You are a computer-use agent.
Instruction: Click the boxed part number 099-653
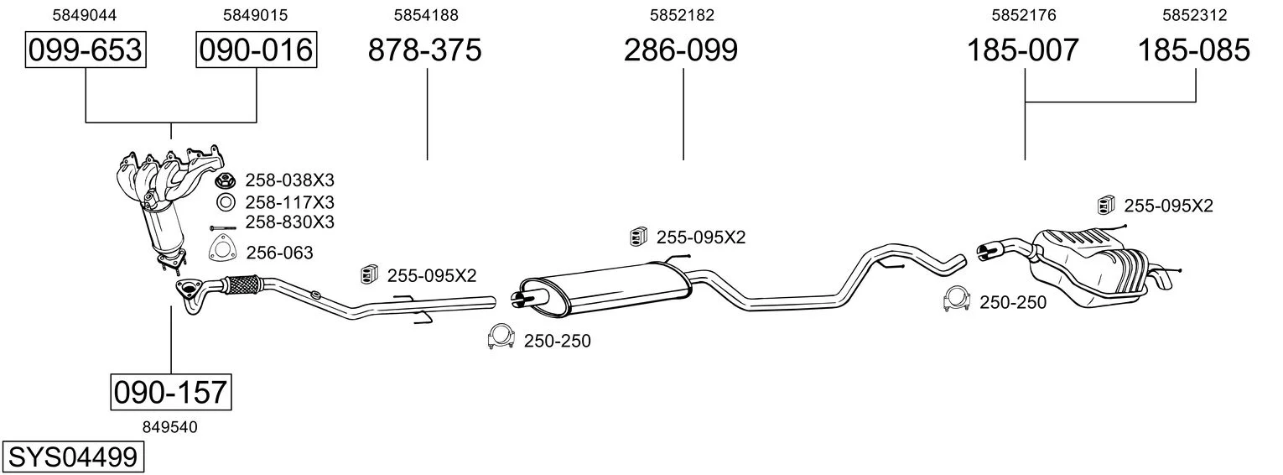point(86,50)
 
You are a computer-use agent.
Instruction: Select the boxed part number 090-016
point(256,50)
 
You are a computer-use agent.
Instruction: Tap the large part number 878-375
point(425,50)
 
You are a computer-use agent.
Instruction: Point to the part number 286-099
point(681,50)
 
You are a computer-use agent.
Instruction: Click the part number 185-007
point(1023,50)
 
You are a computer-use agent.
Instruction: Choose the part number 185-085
point(1193,50)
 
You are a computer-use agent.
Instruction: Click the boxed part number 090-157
point(171,393)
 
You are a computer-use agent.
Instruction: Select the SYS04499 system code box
point(73,457)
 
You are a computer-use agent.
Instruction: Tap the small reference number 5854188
point(426,15)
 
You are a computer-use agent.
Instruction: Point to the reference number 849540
point(169,427)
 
